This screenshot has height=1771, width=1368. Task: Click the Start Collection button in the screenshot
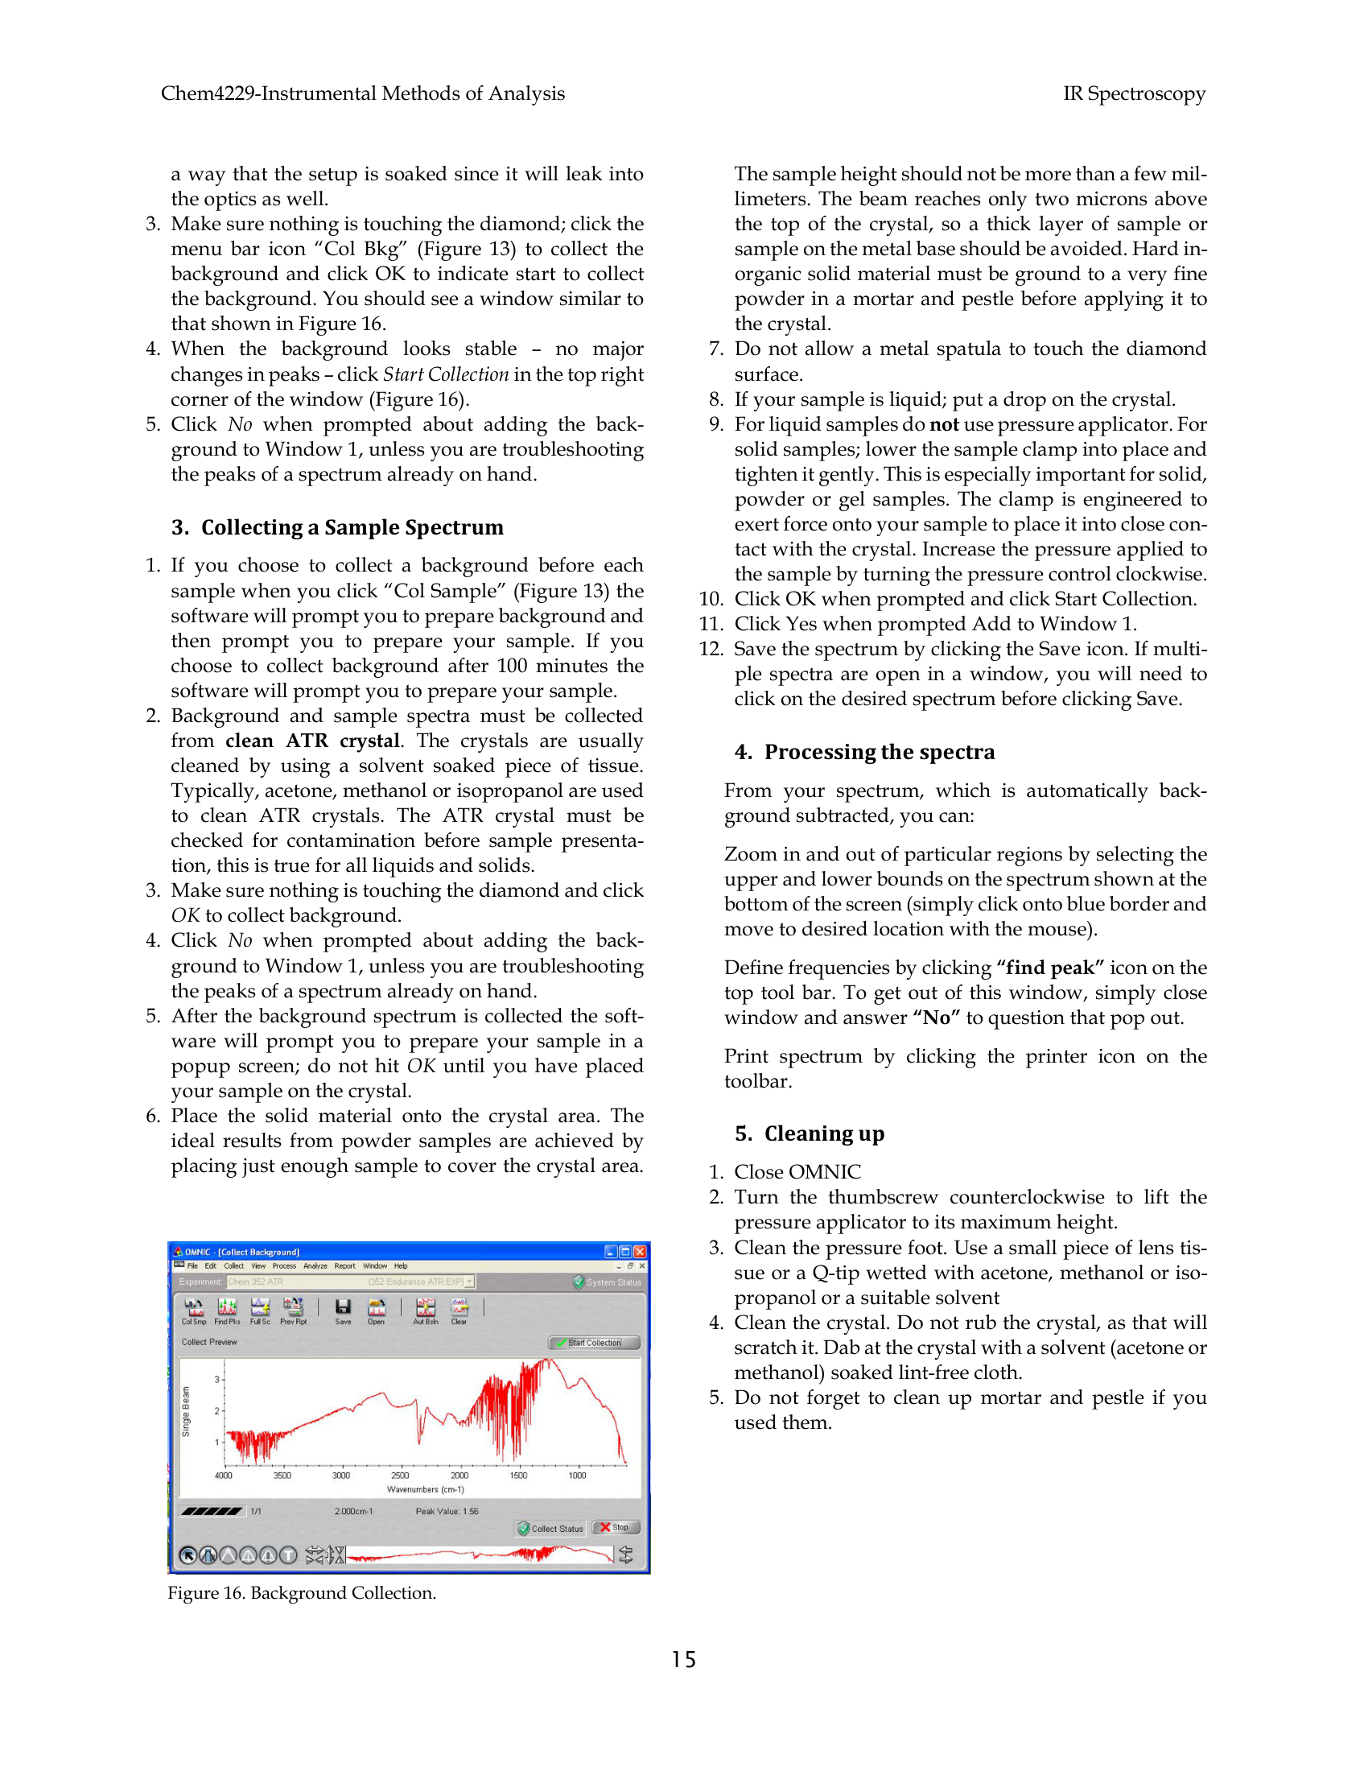594,1343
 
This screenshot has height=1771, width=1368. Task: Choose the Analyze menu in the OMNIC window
315,1265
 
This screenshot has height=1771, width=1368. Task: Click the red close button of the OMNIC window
641,1251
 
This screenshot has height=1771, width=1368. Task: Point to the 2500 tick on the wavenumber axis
401,1475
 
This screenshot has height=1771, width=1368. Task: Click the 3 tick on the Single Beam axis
217,1379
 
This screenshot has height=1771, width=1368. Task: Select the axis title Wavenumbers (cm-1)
426,1489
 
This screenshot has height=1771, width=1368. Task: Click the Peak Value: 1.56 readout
447,1512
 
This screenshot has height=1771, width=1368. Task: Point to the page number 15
683,1660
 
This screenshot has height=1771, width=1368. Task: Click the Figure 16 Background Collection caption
302,1593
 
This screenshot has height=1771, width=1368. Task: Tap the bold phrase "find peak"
1050,968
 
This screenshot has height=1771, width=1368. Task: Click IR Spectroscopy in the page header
1134,94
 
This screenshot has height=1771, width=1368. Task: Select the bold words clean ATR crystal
313,741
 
